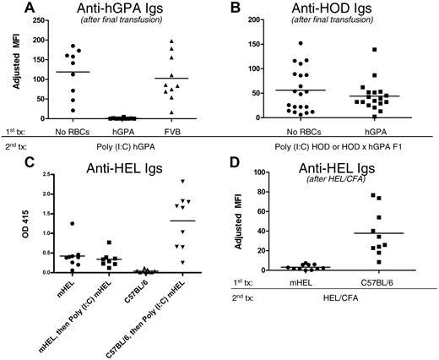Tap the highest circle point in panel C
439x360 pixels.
[x=75, y=223]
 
